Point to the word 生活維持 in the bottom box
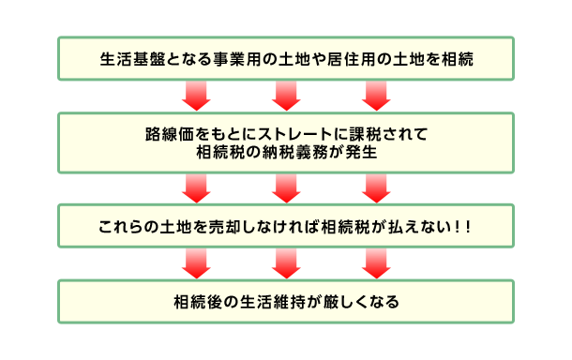[264, 303]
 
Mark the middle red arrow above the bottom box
[286, 265]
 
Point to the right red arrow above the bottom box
[375, 265]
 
